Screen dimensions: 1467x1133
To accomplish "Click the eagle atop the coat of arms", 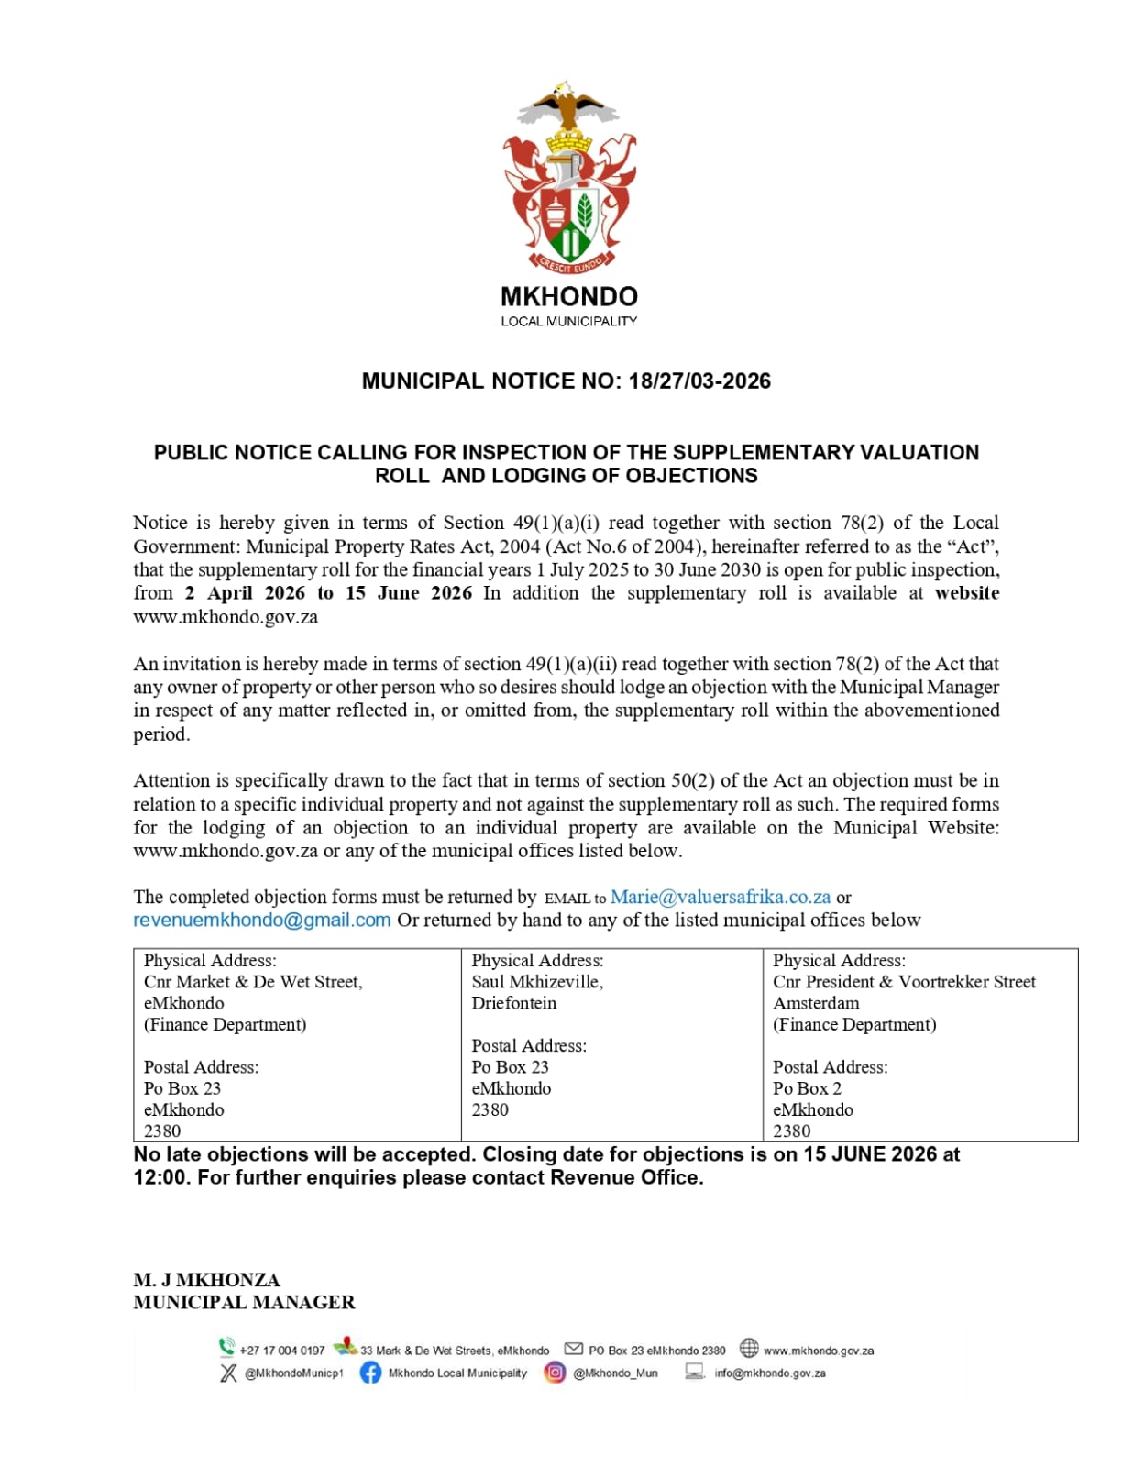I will point(568,103).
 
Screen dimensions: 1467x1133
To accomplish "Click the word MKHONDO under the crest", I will point(568,297).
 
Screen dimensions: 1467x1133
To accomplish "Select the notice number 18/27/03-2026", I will point(699,381).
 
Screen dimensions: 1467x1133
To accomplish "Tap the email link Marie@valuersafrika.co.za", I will point(720,898).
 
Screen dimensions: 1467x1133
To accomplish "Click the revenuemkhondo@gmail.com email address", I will point(262,921).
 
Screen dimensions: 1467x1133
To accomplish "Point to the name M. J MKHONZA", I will point(206,1280).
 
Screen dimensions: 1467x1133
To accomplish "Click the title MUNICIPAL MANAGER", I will point(244,1303).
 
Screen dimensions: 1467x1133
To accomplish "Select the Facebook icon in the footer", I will point(370,1373).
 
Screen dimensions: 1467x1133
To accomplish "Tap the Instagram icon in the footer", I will point(555,1373).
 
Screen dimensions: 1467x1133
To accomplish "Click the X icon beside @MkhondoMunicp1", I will point(228,1373).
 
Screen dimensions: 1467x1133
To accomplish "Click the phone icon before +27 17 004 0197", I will point(226,1348).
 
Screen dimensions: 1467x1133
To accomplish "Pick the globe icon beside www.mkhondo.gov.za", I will point(749,1348).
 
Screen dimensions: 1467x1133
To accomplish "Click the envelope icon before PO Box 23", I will point(574,1349).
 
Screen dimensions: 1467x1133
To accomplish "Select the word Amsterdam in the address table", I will point(816,1003).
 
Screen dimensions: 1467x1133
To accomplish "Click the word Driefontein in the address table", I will point(514,1003).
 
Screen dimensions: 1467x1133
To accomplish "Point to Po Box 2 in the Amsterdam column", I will point(807,1088).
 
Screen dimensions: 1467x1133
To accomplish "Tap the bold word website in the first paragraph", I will point(967,593).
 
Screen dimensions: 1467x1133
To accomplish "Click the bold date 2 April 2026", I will point(245,593).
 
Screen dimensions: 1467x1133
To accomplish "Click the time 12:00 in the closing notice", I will point(160,1178).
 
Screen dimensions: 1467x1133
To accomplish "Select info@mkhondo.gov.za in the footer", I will point(770,1373).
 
